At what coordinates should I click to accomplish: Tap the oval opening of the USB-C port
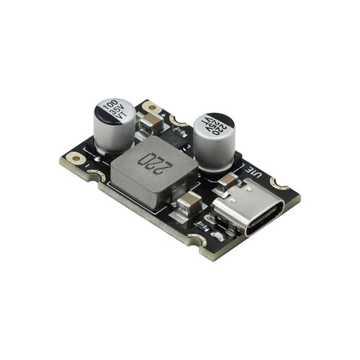click(263, 222)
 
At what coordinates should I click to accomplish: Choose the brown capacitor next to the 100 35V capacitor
click(147, 126)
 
